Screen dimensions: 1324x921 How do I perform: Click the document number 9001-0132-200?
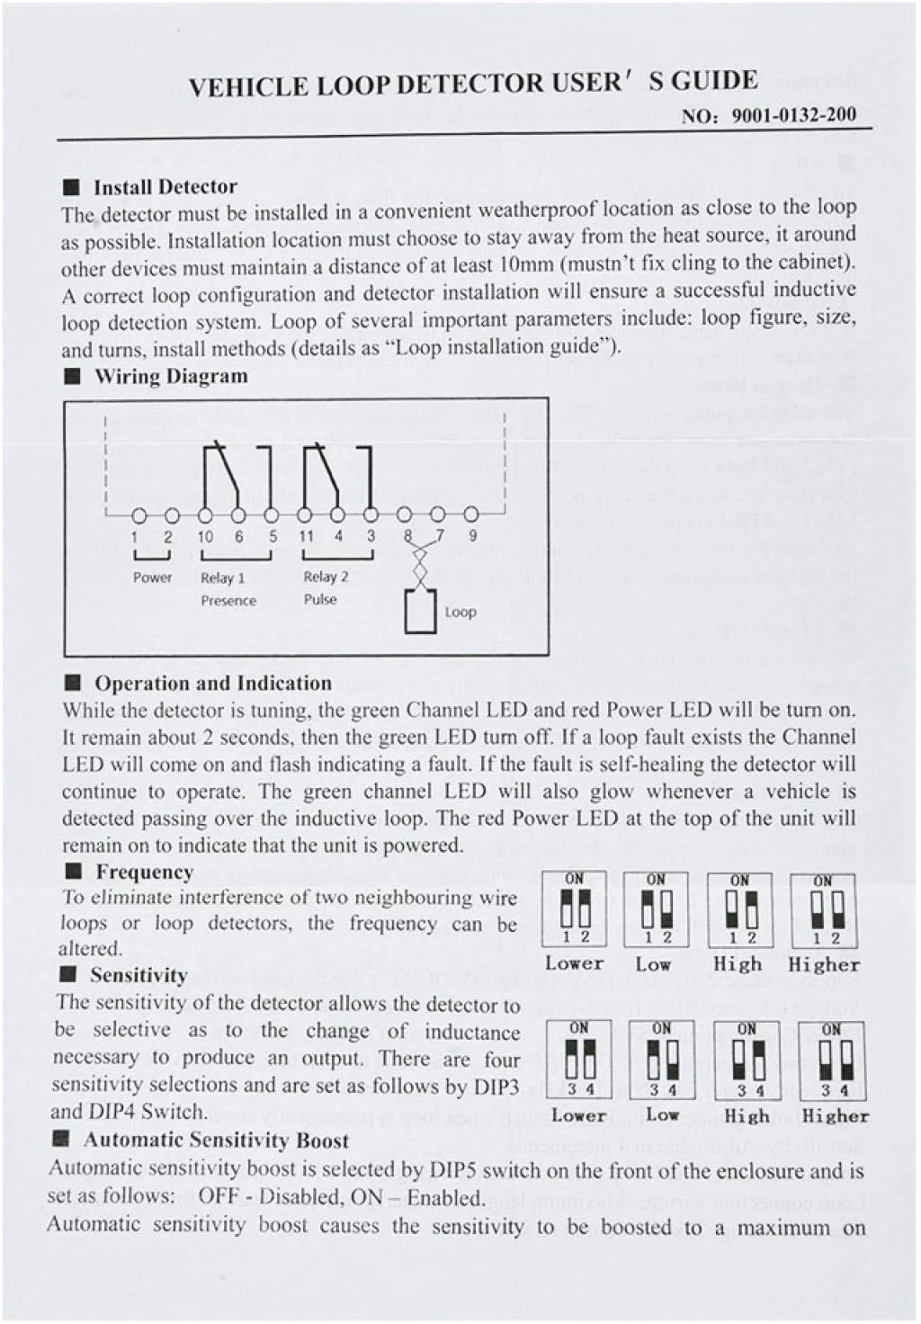point(794,115)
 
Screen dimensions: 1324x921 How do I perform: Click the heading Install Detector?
point(165,187)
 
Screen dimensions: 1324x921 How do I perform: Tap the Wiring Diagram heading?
point(171,376)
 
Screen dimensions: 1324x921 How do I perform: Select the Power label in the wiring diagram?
point(152,577)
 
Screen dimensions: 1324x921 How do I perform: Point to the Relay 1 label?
point(222,577)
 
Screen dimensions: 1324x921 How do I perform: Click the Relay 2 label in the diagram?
point(326,577)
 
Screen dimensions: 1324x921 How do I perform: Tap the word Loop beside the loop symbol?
point(460,612)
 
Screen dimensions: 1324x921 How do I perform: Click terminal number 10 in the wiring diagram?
point(205,536)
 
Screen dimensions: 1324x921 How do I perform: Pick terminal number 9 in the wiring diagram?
point(472,535)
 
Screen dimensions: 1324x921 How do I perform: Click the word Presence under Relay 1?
point(228,600)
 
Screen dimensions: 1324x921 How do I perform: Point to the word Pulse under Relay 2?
point(320,599)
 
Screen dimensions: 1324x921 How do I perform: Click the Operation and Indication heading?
point(213,684)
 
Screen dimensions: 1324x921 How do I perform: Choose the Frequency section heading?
point(144,872)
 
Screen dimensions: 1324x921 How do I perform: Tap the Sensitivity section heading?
point(139,975)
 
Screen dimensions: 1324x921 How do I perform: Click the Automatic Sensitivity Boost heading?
point(216,1141)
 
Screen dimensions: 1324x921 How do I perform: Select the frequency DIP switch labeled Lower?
point(575,908)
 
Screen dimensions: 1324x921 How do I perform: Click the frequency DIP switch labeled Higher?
point(823,908)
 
